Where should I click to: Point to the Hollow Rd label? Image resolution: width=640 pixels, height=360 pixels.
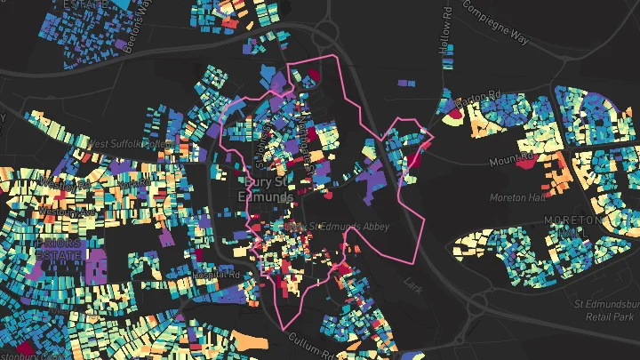pyautogui.click(x=447, y=31)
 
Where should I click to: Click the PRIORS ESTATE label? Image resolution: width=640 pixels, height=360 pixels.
pyautogui.click(x=57, y=248)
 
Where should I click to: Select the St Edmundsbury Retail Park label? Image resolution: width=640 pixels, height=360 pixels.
pyautogui.click(x=603, y=311)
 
